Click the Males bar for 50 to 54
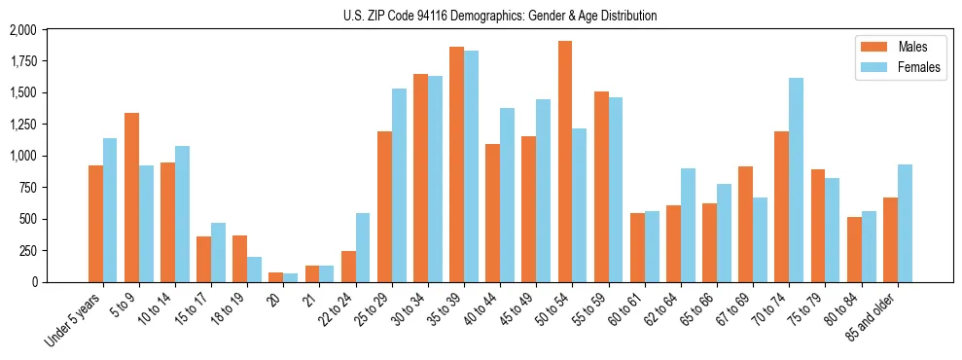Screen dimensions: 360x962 (565, 162)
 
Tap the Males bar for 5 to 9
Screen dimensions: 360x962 (131, 198)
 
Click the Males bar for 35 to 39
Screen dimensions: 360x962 (456, 164)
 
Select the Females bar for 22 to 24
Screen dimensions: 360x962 (363, 247)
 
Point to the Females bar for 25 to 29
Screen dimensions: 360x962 (399, 185)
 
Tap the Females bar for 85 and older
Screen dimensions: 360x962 (905, 223)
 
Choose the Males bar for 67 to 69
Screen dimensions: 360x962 (745, 224)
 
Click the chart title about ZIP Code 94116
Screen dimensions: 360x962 (500, 16)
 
